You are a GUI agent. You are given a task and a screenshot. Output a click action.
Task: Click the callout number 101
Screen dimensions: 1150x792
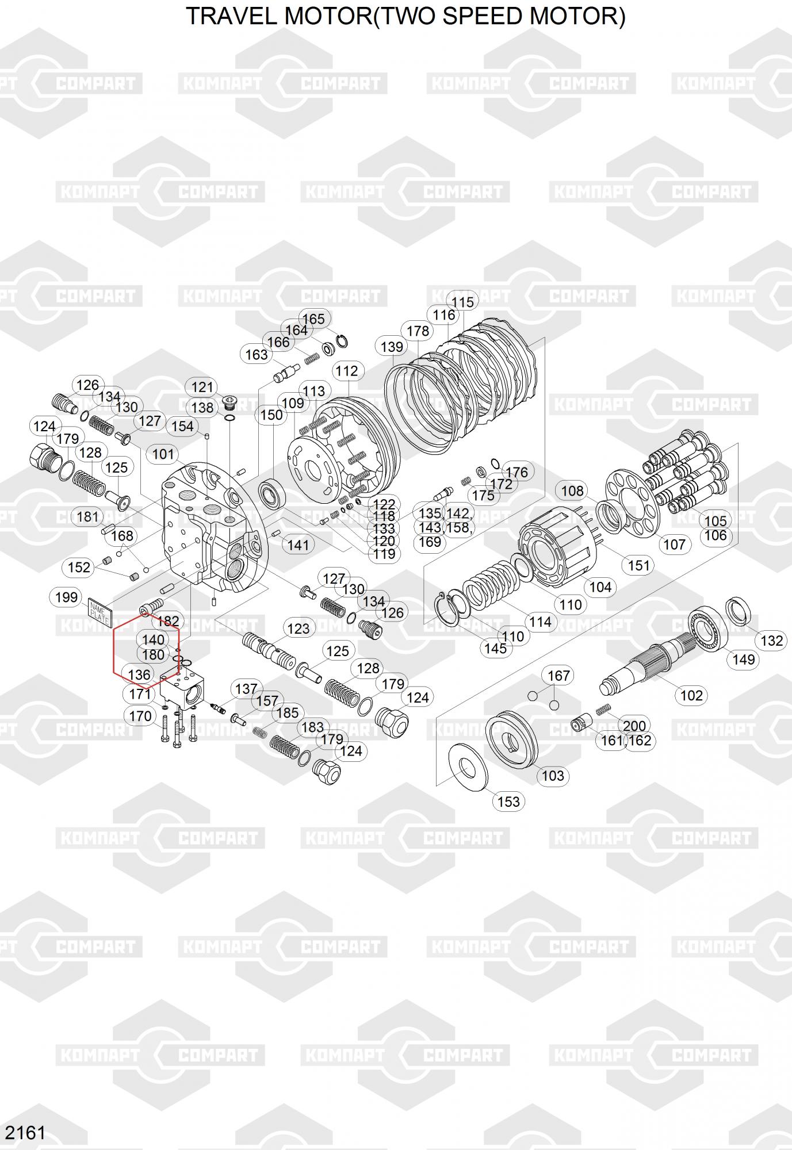[163, 454]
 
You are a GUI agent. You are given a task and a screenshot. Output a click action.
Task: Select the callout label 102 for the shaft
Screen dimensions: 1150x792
[691, 695]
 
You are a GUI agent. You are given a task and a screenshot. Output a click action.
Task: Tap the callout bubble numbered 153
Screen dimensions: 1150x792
[508, 802]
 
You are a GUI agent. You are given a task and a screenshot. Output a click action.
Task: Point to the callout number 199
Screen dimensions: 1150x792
[66, 597]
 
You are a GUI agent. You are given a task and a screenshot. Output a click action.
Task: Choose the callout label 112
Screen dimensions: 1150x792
[347, 371]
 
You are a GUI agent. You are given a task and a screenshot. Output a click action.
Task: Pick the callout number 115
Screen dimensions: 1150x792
[462, 302]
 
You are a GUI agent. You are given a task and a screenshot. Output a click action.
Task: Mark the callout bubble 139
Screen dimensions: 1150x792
[392, 347]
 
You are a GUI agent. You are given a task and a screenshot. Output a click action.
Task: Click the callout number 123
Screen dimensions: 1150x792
[299, 628]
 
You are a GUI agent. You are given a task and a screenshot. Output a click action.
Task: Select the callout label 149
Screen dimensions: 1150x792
[743, 660]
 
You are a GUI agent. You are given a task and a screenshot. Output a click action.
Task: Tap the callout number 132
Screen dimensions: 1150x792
[772, 641]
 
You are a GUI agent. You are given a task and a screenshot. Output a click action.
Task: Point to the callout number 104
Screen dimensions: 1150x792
[600, 587]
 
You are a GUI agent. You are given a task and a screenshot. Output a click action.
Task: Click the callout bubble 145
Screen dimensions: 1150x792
[495, 649]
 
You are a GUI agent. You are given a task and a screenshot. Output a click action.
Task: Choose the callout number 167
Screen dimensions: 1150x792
[558, 676]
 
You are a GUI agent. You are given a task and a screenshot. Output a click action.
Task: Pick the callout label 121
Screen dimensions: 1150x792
[202, 388]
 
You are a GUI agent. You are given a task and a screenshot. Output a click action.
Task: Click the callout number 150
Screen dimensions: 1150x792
[271, 415]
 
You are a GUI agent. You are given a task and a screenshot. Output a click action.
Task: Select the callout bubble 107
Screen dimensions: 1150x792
[674, 544]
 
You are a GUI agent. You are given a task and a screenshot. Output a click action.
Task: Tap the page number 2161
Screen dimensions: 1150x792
[25, 1133]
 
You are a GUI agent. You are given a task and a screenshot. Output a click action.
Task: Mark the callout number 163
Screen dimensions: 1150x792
[257, 355]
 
